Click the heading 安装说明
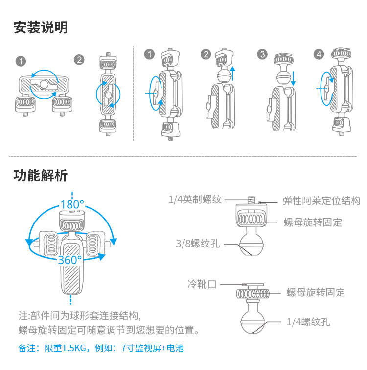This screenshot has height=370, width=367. pyautogui.click(x=41, y=27)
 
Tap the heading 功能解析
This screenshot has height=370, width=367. pyautogui.click(x=41, y=175)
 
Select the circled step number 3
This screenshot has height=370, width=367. pyautogui.click(x=262, y=54)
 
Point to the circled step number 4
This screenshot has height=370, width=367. pyautogui.click(x=319, y=54)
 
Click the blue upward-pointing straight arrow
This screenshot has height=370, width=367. pyautogui.click(x=233, y=74)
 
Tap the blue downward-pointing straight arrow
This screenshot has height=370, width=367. pyautogui.click(x=293, y=78)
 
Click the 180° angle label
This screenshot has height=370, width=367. pyautogui.click(x=72, y=204)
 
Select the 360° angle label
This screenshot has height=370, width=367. pyautogui.click(x=70, y=260)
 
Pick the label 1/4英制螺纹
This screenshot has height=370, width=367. pyautogui.click(x=195, y=199)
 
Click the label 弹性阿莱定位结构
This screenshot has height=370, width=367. pyautogui.click(x=321, y=201)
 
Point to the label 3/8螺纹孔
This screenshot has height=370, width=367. pyautogui.click(x=198, y=244)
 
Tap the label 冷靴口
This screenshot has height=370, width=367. pyautogui.click(x=202, y=284)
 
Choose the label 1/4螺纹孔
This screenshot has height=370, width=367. pyautogui.click(x=308, y=322)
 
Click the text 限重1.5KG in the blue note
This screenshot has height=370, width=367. pyautogui.click(x=65, y=348)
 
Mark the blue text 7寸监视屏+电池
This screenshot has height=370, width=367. pyautogui.click(x=152, y=348)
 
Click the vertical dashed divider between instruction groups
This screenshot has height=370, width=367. pyautogui.click(x=133, y=94)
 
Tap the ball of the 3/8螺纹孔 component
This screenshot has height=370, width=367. pyautogui.click(x=252, y=245)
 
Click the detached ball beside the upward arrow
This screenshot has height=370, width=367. pyautogui.click(x=225, y=75)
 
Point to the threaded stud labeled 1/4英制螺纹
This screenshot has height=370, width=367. pyautogui.click(x=252, y=200)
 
